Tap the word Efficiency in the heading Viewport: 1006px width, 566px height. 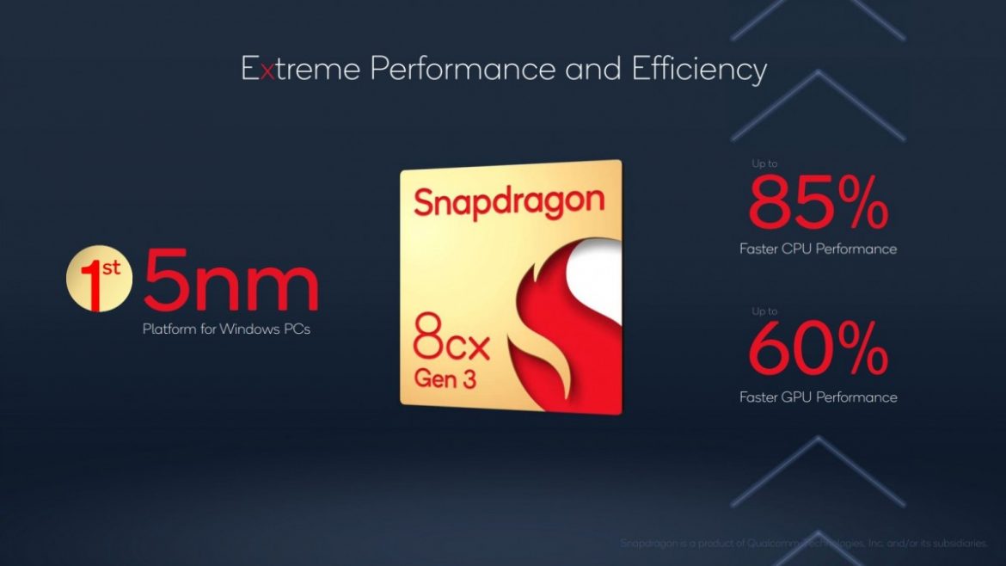coord(698,69)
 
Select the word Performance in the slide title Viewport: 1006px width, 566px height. coord(462,69)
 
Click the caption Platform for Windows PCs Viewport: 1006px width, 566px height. coord(226,329)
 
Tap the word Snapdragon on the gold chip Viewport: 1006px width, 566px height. coord(509,202)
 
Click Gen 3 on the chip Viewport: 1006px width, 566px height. coord(445,378)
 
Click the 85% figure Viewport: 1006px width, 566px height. coord(816,204)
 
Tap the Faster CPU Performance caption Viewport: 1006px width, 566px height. coord(818,249)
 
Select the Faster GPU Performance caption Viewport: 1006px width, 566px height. coord(818,397)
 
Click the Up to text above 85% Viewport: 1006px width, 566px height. coord(764,163)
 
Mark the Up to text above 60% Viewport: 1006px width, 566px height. coord(764,311)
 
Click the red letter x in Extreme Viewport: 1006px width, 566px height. coord(267,70)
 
